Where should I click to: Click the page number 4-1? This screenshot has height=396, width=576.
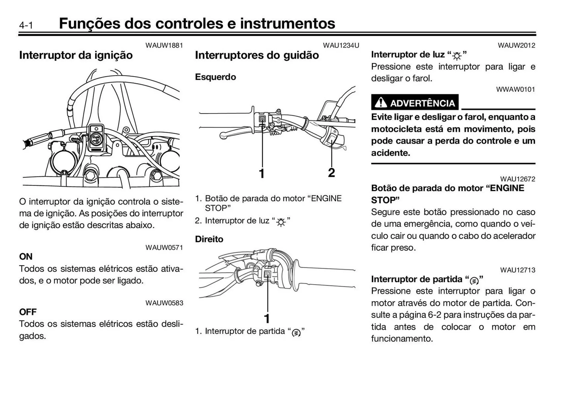(26, 25)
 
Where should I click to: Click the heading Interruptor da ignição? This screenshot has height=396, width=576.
(76, 55)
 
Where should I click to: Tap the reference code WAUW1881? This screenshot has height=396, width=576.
(164, 46)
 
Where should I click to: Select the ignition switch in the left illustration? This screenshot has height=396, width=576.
(96, 138)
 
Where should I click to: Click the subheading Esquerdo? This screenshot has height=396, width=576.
(215, 77)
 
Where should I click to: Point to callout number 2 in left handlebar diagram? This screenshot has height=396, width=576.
(331, 173)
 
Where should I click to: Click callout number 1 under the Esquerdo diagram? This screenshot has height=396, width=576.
(262, 174)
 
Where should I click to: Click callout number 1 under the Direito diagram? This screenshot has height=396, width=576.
(267, 318)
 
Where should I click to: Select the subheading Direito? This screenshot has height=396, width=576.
(209, 239)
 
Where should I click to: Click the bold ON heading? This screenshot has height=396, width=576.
(26, 257)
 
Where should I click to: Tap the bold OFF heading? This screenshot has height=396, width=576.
(28, 312)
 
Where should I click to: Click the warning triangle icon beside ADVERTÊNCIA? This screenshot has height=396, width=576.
(381, 103)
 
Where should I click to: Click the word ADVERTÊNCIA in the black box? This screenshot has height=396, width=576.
(422, 103)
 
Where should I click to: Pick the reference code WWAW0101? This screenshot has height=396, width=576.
(515, 89)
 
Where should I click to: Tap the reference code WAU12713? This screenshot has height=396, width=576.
(517, 270)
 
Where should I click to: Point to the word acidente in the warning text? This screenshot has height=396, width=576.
(390, 153)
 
